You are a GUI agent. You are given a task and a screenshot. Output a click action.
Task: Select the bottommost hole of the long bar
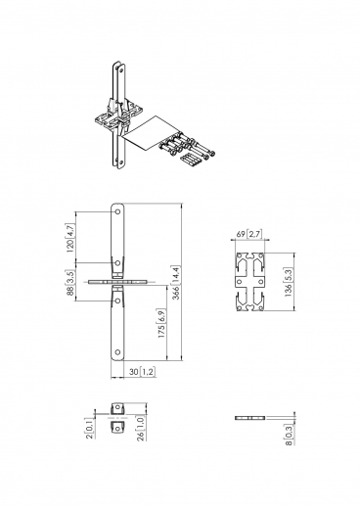tap(117, 353)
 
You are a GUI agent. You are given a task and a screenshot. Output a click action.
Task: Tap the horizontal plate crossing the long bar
tap(117, 282)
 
